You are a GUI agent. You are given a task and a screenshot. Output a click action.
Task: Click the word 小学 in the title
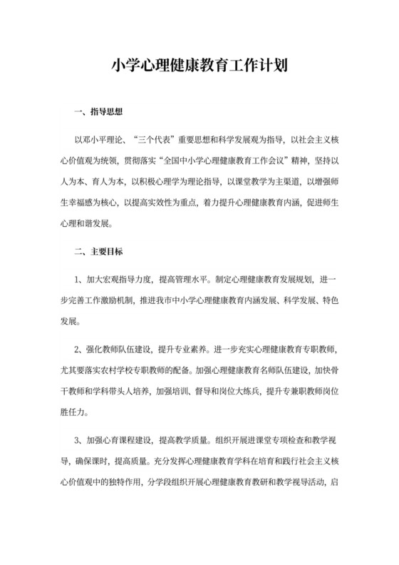[x=125, y=67]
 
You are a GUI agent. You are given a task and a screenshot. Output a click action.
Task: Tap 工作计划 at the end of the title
[x=261, y=67]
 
